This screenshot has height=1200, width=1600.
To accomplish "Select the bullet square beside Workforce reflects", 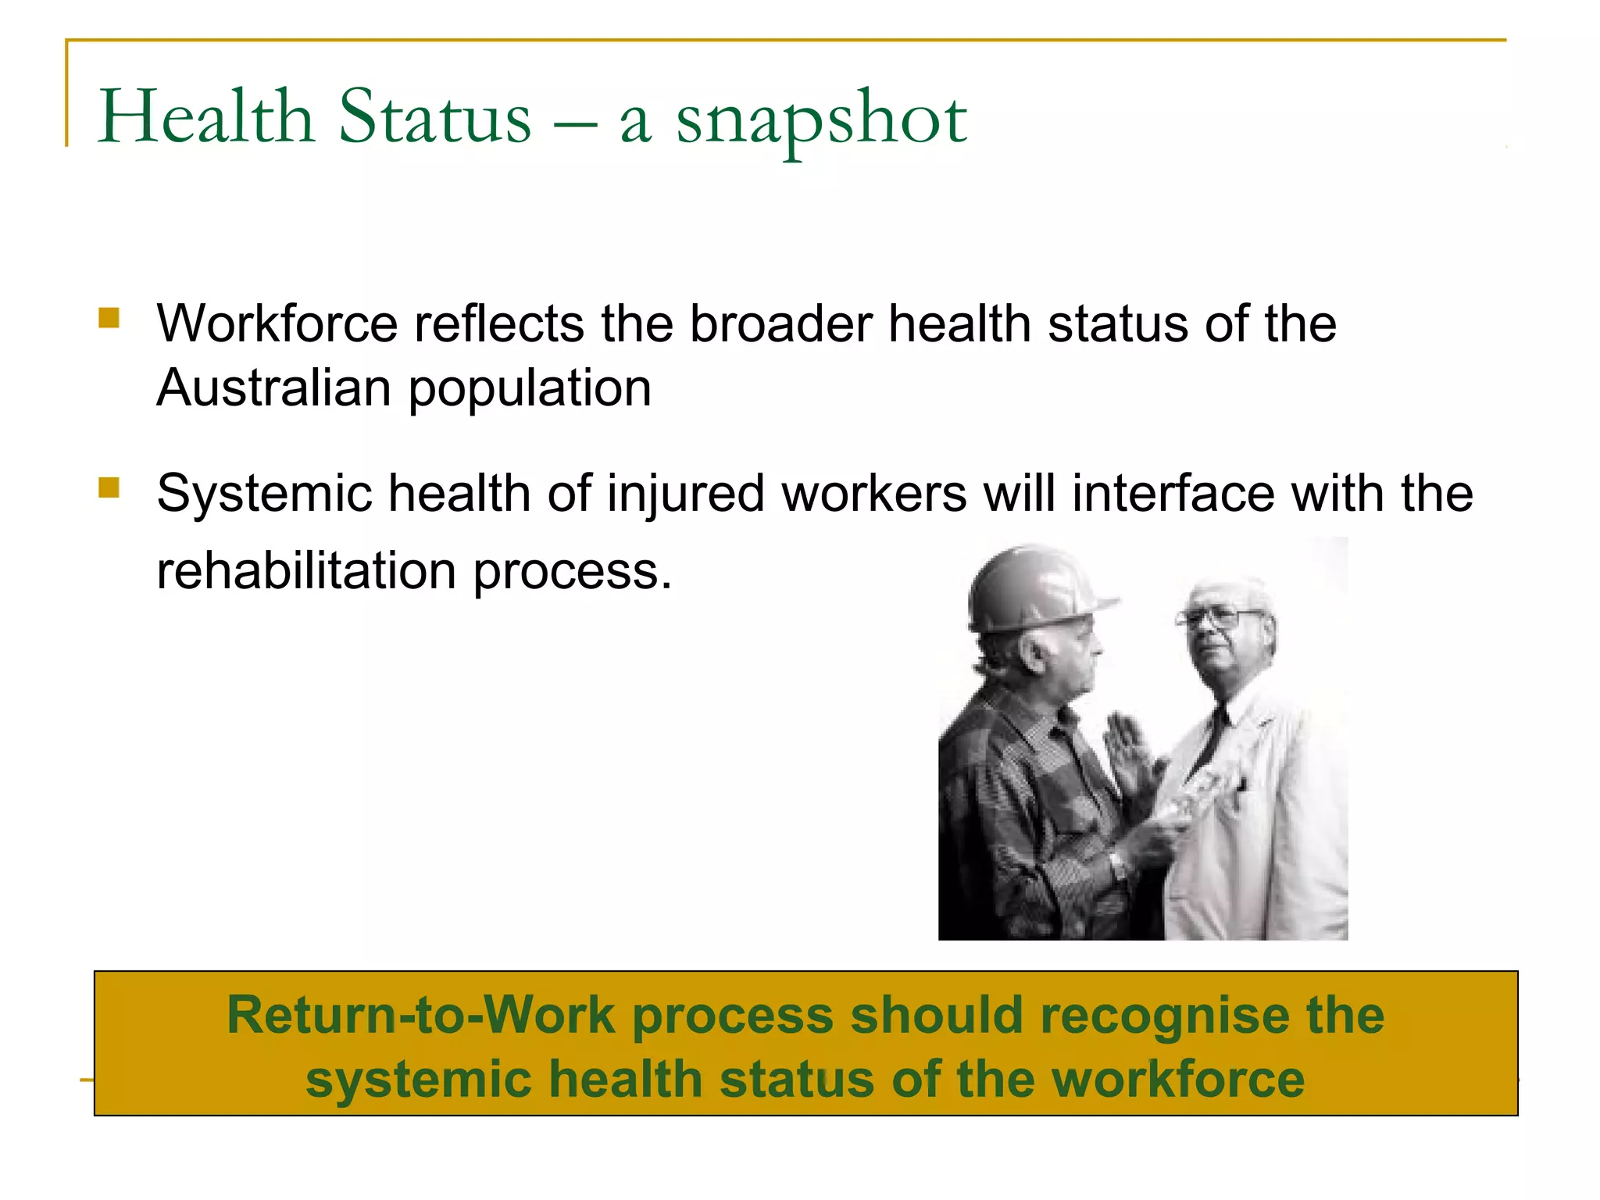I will (x=109, y=318).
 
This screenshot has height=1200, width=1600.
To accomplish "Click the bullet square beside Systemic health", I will (x=109, y=488).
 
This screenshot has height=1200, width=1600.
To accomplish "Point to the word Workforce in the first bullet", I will (x=277, y=323).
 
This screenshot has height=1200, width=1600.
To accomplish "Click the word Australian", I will (x=273, y=387).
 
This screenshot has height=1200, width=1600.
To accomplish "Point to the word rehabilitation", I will (x=306, y=570).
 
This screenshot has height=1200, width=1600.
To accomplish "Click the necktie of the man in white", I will (x=1212, y=738).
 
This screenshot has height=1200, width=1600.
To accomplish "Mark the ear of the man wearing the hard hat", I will (x=1033, y=652).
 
